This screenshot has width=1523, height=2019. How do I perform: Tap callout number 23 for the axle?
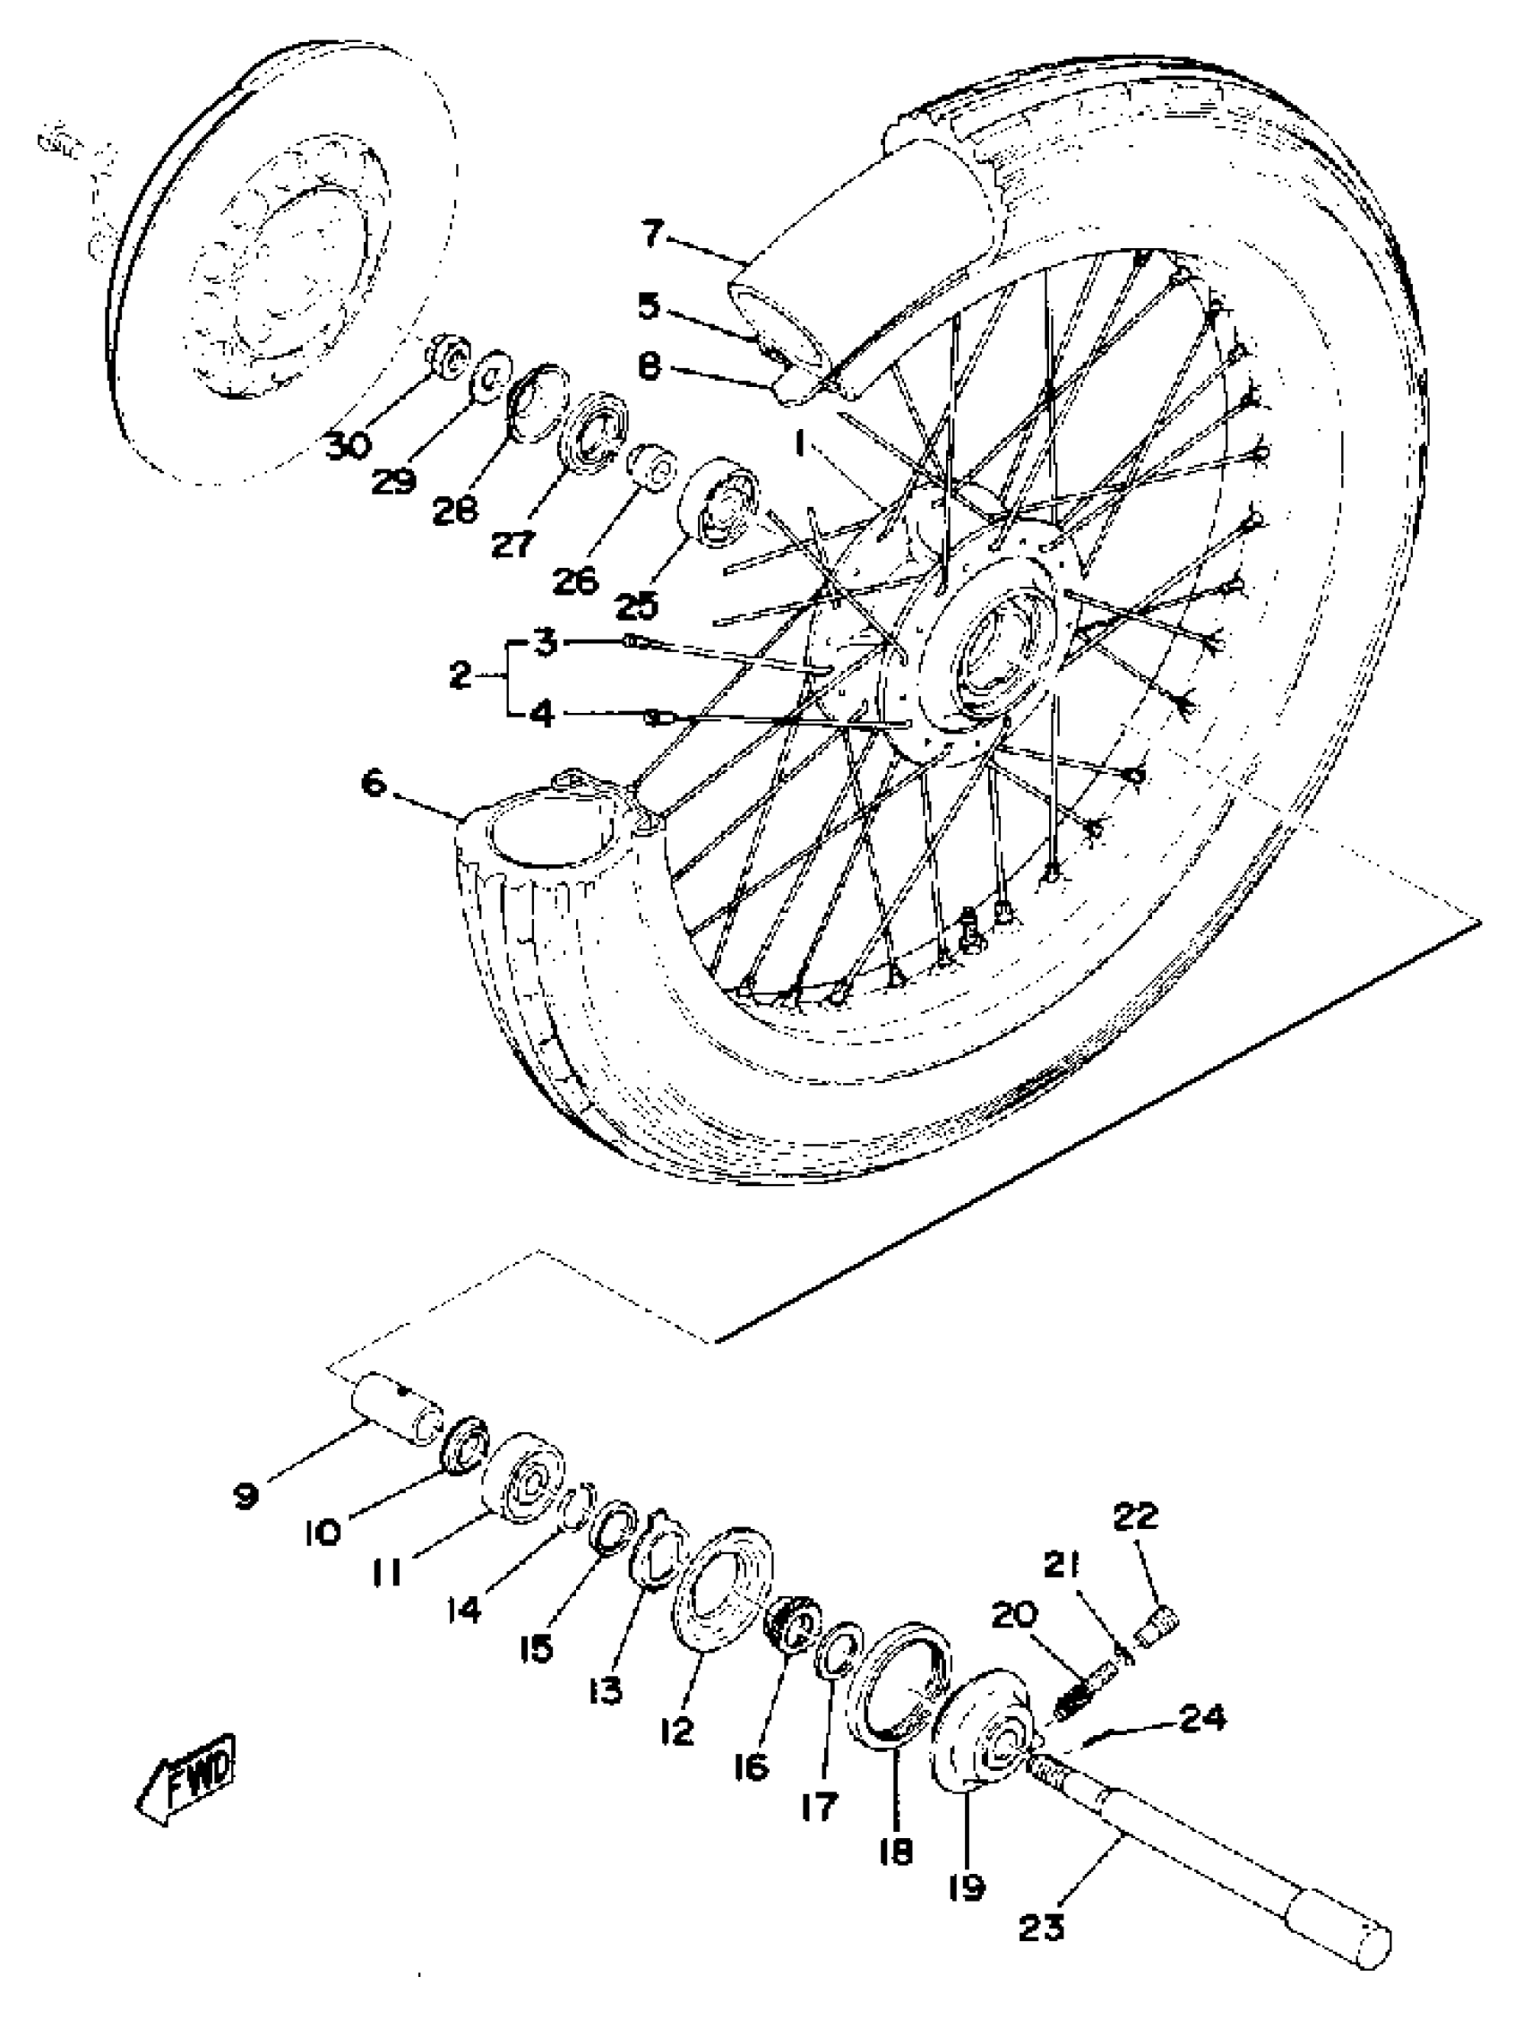[1042, 1902]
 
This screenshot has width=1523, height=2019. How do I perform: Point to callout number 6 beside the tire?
[374, 783]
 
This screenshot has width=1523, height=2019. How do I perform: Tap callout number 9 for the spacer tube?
[245, 1495]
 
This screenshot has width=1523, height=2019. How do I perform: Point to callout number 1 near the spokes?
[800, 443]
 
